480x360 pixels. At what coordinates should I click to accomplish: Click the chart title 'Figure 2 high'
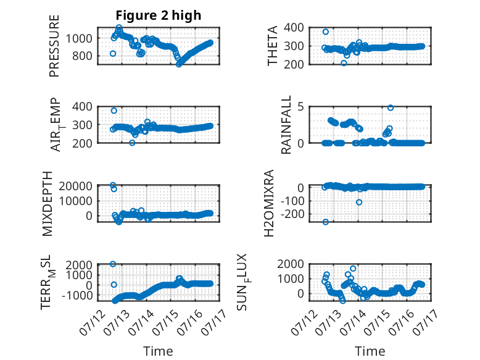pos(159,15)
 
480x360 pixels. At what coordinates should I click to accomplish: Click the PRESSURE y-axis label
pos(54,46)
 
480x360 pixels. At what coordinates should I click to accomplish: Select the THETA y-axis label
pos(272,46)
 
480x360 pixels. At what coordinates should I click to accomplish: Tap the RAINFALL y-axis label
pos(286,125)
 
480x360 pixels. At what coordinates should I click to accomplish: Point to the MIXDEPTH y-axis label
pos(48,204)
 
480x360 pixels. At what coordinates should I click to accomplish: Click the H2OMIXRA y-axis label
pos(268,203)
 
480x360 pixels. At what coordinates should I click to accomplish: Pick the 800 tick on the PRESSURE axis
pos(82,56)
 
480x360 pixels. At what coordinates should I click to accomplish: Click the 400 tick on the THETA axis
pos(294,28)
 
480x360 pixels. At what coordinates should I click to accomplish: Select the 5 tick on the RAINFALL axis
pos(301,107)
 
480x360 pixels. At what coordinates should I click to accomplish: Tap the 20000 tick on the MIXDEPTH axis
pos(75,186)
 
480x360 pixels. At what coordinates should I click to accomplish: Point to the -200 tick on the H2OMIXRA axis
pos(292,214)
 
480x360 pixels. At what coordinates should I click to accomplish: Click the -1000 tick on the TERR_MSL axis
pos(77,296)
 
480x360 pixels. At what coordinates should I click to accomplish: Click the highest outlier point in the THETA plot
pos(326,32)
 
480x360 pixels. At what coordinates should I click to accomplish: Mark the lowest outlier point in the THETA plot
pos(344,63)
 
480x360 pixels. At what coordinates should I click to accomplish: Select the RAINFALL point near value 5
pos(391,108)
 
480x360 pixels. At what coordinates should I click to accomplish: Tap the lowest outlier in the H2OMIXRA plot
pos(326,222)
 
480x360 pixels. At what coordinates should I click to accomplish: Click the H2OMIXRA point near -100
pos(359,202)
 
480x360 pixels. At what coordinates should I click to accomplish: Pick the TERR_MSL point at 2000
pos(113,264)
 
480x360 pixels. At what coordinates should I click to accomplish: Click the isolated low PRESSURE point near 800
pos(113,54)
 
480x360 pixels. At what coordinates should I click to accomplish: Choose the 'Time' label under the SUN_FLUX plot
pos(370,351)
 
